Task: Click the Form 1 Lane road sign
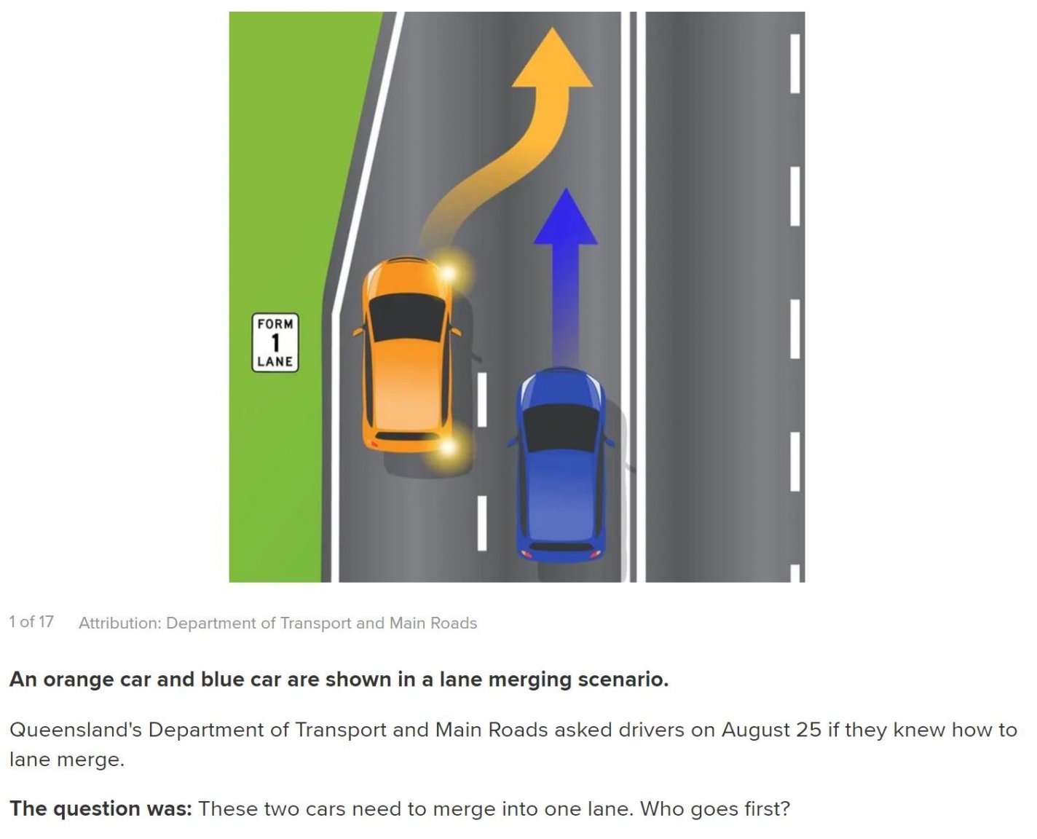(x=275, y=342)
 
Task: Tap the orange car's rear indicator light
(x=448, y=446)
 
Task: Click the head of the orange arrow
(x=552, y=58)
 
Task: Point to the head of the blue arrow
(x=565, y=217)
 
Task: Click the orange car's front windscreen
(x=407, y=317)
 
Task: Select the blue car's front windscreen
(x=561, y=427)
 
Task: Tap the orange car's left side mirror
(x=358, y=331)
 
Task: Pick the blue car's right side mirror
(x=609, y=441)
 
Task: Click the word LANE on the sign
(x=275, y=361)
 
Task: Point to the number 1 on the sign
(x=275, y=342)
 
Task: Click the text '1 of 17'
(x=31, y=622)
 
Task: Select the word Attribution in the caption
(x=119, y=623)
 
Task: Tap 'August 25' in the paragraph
(x=771, y=730)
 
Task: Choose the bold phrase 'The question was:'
(x=100, y=809)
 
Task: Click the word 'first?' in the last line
(x=767, y=809)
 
